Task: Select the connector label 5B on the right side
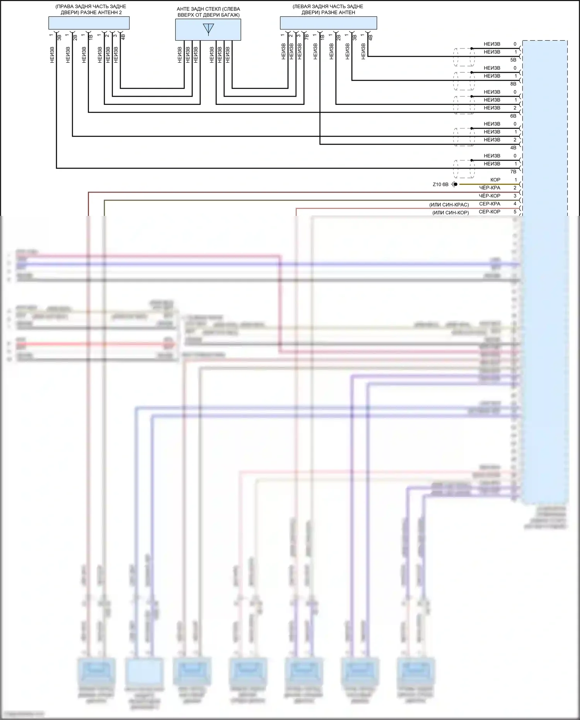pos(513,60)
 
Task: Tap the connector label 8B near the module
pos(513,84)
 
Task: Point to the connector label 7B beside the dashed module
pos(513,172)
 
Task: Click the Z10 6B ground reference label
pos(440,185)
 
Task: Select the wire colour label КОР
pos(495,180)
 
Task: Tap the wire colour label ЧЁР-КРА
pos(490,188)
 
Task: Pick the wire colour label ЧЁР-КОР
pos(490,196)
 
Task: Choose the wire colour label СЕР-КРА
pos(490,204)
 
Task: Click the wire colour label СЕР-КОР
pos(490,212)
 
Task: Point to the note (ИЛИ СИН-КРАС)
pos(449,205)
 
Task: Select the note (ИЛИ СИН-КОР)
pos(450,213)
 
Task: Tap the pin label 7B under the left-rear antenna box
pos(307,37)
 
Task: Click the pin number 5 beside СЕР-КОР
pos(515,212)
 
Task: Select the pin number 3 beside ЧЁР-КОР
pos(515,196)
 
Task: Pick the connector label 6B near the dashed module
pos(513,116)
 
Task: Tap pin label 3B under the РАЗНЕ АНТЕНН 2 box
pos(59,38)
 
